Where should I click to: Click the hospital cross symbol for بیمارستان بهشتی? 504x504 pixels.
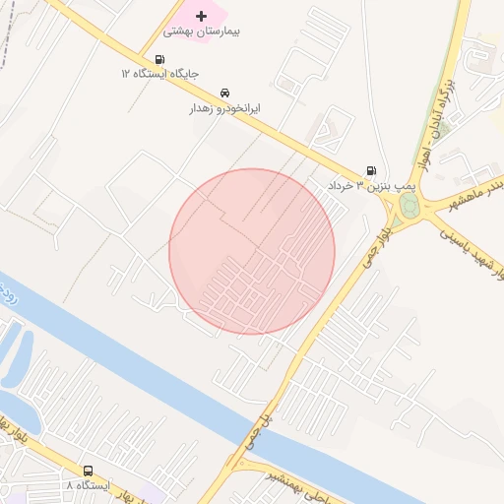click(x=202, y=16)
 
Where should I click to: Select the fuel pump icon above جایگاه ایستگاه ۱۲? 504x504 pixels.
click(x=160, y=59)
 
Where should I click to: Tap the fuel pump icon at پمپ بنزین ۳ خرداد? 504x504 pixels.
click(x=371, y=170)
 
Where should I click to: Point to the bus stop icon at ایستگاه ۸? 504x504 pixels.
click(x=89, y=472)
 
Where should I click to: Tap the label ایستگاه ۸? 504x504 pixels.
click(x=89, y=486)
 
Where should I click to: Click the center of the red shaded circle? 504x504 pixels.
click(x=252, y=252)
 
